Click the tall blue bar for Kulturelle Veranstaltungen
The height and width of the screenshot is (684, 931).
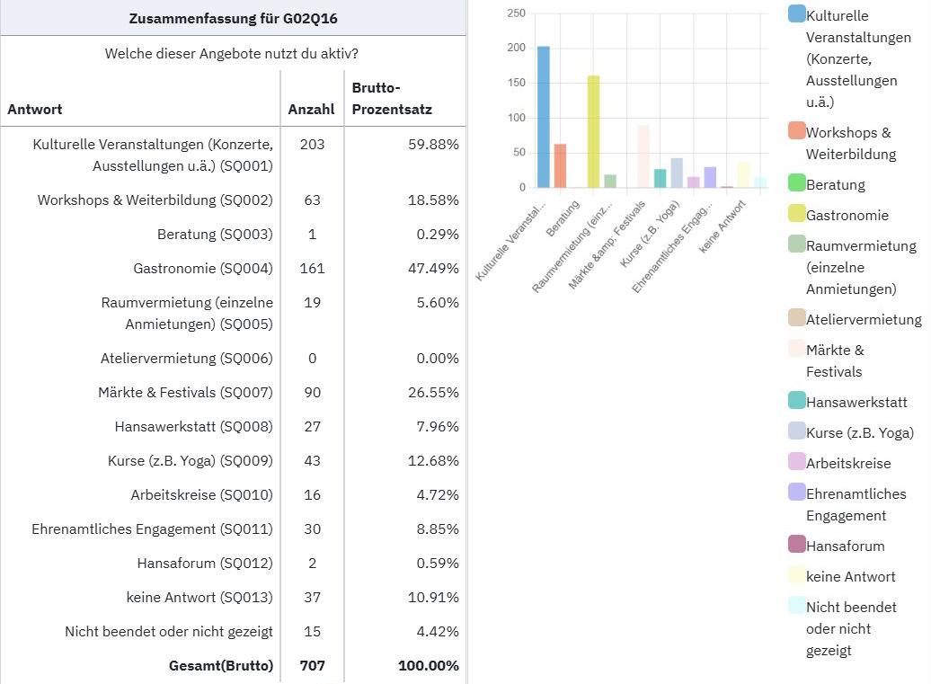543,117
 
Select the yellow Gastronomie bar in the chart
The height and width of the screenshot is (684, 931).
593,131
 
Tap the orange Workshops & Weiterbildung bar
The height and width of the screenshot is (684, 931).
560,165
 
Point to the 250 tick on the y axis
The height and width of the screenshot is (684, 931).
516,13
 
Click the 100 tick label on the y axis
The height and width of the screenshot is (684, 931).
516,118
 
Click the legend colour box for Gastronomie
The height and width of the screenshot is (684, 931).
796,214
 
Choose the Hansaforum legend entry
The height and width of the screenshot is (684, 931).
845,546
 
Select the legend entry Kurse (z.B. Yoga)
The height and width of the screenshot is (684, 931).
859,432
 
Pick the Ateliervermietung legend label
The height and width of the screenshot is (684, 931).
864,319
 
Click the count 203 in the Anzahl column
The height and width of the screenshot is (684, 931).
312,144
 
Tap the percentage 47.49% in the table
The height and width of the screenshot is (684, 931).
435,268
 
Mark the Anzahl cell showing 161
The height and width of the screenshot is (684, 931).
312,268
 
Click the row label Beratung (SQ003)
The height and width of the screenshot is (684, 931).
215,234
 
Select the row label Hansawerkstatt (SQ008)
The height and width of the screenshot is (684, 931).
193,426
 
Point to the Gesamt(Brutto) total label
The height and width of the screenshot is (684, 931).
220,666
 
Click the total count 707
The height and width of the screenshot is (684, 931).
312,666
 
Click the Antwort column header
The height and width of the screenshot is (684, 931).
35,110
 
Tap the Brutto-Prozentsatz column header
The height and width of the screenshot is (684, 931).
391,99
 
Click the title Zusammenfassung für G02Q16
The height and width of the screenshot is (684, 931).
233,18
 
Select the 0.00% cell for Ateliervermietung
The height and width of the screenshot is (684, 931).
435,358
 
